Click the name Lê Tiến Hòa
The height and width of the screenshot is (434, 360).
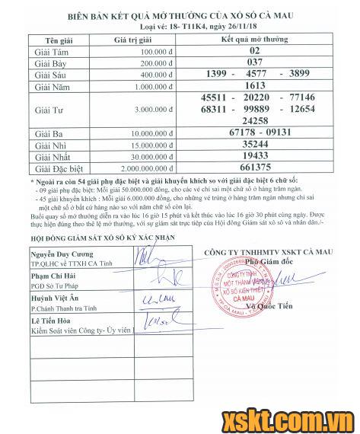tap(53, 321)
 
